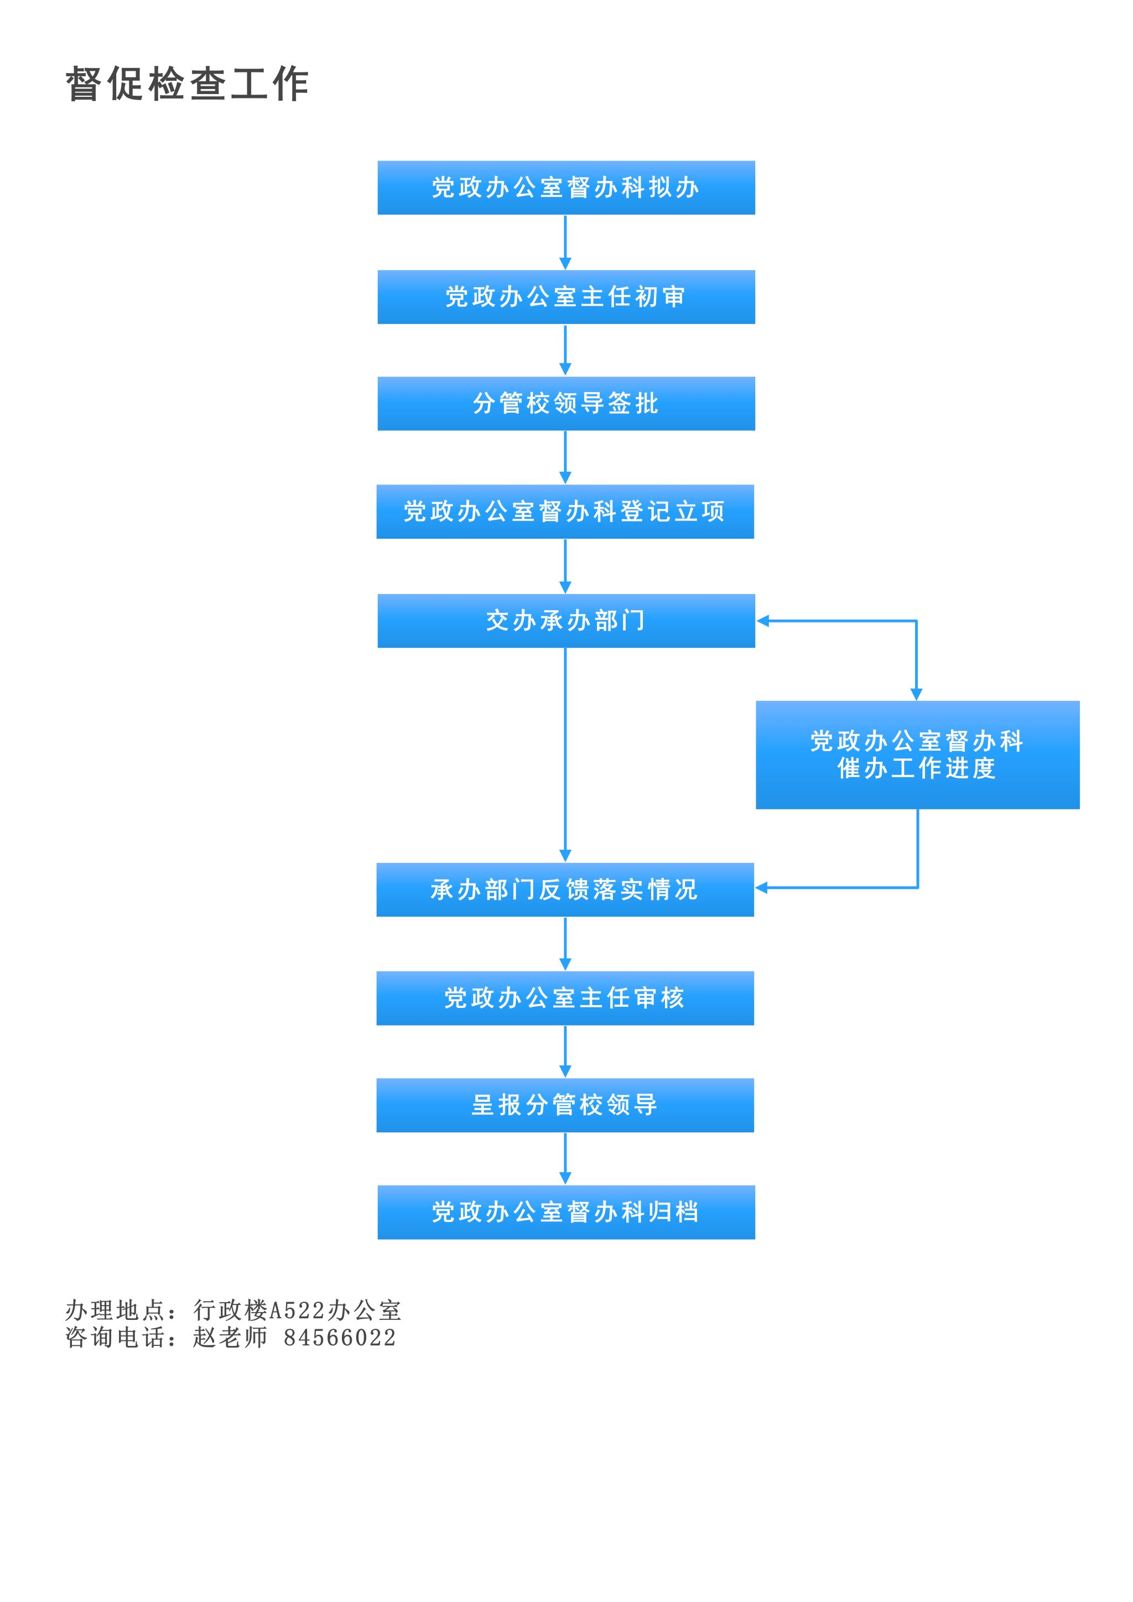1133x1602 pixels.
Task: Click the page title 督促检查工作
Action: (x=187, y=85)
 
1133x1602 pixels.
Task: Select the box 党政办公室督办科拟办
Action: (x=566, y=188)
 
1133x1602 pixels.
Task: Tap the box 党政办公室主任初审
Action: (x=566, y=297)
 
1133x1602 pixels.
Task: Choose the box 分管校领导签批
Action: (x=566, y=403)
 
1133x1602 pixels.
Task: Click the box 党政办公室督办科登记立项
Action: (x=565, y=512)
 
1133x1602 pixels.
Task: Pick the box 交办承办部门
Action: (x=566, y=620)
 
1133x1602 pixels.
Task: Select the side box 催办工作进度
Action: (x=917, y=755)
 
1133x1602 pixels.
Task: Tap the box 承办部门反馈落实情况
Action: (x=565, y=890)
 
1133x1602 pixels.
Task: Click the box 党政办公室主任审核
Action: (x=565, y=998)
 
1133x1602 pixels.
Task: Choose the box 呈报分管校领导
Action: (x=565, y=1105)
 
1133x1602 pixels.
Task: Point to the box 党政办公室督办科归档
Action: (x=566, y=1212)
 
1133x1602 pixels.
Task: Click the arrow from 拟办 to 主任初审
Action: (x=565, y=242)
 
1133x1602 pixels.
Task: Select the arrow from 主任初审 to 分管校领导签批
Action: (x=565, y=350)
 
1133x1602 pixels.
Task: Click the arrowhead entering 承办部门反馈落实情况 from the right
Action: (x=761, y=887)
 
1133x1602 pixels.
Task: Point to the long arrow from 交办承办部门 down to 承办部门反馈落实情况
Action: (x=565, y=755)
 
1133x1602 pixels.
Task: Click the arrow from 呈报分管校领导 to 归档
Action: (x=565, y=1158)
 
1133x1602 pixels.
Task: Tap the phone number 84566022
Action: (x=340, y=1338)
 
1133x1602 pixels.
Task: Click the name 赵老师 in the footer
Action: (x=230, y=1338)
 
